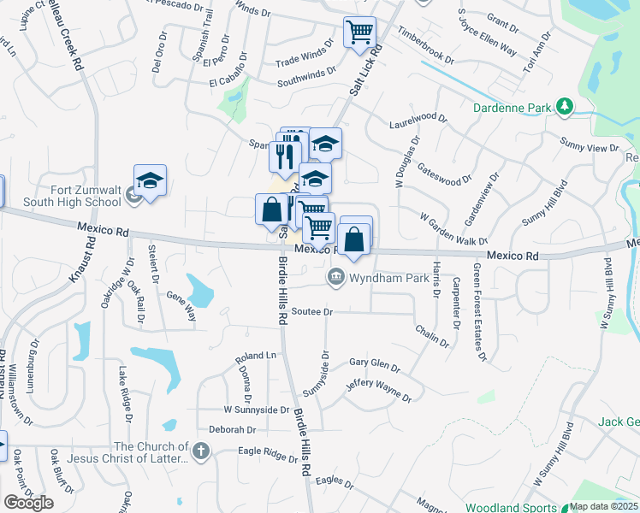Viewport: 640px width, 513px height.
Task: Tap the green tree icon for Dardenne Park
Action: tap(564, 107)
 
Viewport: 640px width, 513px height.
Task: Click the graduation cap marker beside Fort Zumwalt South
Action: tap(150, 181)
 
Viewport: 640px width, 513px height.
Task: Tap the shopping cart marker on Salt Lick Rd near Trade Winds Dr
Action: tap(360, 32)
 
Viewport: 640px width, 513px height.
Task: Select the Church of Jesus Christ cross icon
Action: tap(201, 451)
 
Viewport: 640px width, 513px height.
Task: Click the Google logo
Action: tap(28, 503)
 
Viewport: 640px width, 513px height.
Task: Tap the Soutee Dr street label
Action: tap(311, 312)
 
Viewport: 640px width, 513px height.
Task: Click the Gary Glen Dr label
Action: tap(375, 364)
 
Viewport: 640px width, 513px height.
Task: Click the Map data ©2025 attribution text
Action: tap(602, 506)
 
